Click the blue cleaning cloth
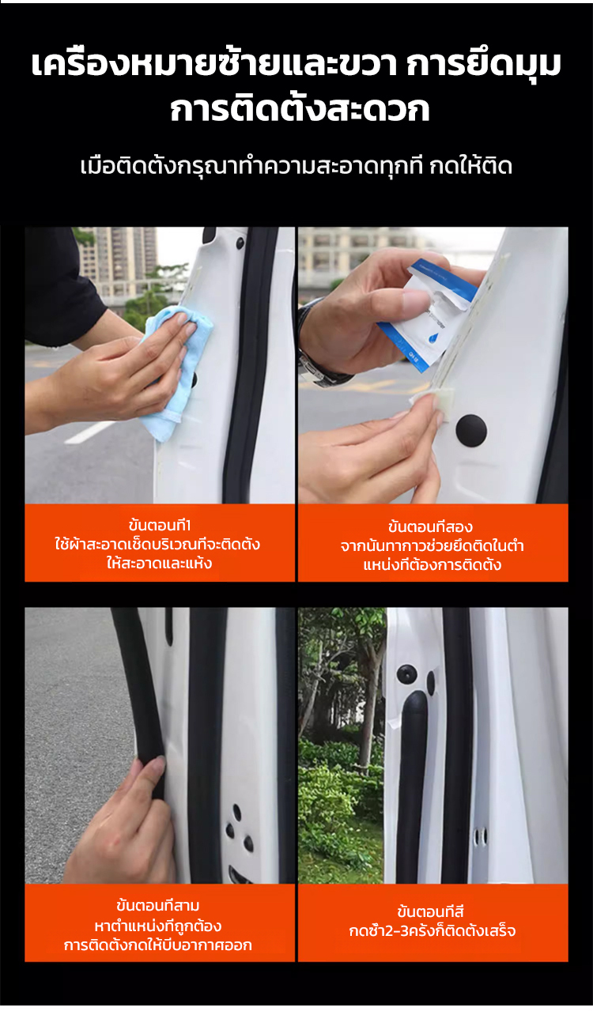click(178, 371)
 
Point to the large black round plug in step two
click(471, 428)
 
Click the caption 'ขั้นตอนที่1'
click(160, 526)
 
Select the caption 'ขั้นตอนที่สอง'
click(430, 526)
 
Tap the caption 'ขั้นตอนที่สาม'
click(157, 905)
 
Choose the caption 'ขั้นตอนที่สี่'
click(430, 911)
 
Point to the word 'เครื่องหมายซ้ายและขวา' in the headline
click(213, 65)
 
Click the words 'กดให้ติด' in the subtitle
click(470, 167)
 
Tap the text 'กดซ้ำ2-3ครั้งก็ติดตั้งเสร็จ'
click(432, 930)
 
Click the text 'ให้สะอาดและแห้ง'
click(159, 564)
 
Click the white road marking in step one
click(89, 432)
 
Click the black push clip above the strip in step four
click(406, 673)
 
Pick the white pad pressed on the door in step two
click(428, 401)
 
